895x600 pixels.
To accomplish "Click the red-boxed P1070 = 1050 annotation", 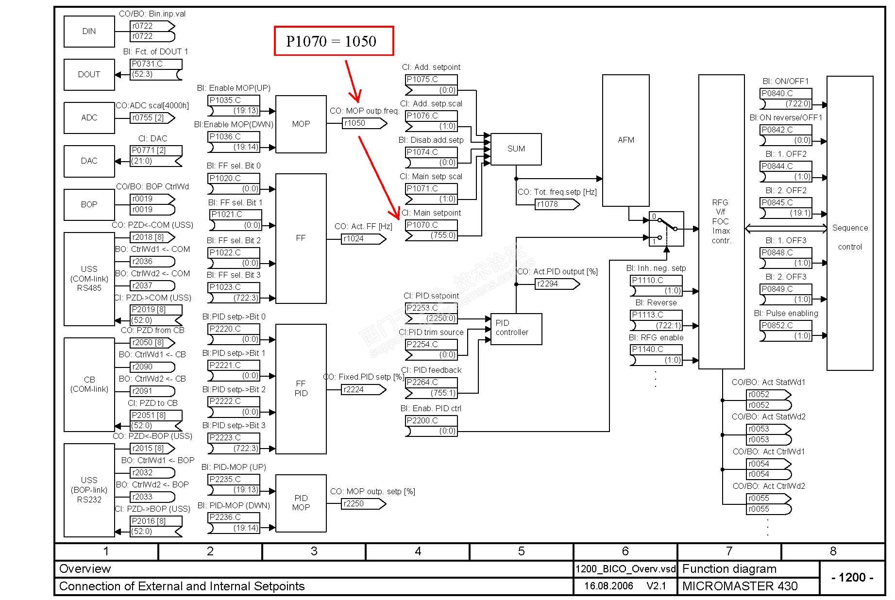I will pyautogui.click(x=334, y=41).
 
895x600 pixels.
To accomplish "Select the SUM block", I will pyautogui.click(x=516, y=149).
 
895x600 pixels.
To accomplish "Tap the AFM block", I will pyautogui.click(x=625, y=140).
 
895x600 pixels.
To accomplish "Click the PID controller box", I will pyautogui.click(x=516, y=329).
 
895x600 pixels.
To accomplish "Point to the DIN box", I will pyautogui.click(x=89, y=32).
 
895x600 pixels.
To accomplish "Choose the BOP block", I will pyautogui.click(x=89, y=205).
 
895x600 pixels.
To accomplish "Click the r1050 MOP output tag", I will pyautogui.click(x=364, y=123).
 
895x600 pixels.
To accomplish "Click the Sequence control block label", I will pyautogui.click(x=850, y=237).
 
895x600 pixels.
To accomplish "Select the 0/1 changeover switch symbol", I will pyautogui.click(x=666, y=229).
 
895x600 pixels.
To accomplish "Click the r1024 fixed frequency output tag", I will pyautogui.click(x=363, y=239).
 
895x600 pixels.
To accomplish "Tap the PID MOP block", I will pyautogui.click(x=301, y=503).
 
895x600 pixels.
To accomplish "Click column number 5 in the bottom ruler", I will pyautogui.click(x=521, y=551).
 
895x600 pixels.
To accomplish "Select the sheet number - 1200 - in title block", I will pyautogui.click(x=852, y=578).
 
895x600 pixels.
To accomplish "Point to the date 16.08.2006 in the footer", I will pyautogui.click(x=608, y=586).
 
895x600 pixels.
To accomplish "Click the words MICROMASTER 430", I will pyautogui.click(x=740, y=586).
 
